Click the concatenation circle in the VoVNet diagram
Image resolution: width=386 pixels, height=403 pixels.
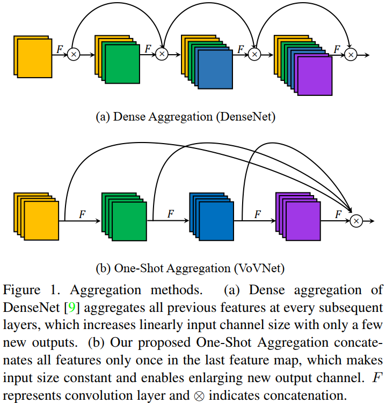click(x=356, y=221)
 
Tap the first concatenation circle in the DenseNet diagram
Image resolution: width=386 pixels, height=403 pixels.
click(x=74, y=55)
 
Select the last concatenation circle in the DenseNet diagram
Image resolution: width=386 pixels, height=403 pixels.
click(x=351, y=55)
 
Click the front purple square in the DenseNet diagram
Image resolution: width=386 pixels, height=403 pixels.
click(x=315, y=76)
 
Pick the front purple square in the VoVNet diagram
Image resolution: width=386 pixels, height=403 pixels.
click(x=303, y=221)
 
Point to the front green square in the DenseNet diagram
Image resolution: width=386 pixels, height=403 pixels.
click(x=122, y=64)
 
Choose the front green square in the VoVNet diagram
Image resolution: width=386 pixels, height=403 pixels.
click(x=129, y=221)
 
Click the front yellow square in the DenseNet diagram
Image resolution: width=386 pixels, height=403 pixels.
click(x=34, y=58)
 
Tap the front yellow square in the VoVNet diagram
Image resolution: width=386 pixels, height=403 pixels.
click(x=41, y=221)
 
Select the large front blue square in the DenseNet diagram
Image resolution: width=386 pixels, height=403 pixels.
click(x=215, y=69)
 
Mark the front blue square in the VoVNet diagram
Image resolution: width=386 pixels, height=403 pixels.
click(x=216, y=221)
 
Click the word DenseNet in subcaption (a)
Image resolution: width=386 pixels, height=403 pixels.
click(x=246, y=117)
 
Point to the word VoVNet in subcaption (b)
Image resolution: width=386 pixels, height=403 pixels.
click(x=259, y=268)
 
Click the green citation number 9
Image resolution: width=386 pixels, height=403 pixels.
click(x=72, y=308)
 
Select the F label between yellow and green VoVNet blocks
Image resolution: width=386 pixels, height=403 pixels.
click(x=82, y=214)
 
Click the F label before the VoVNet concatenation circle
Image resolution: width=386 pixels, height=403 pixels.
click(x=338, y=214)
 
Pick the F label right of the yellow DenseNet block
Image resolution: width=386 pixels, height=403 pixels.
click(x=60, y=49)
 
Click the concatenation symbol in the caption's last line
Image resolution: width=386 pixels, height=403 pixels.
click(x=199, y=396)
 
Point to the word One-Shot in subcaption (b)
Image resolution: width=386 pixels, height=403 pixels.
click(x=139, y=268)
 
